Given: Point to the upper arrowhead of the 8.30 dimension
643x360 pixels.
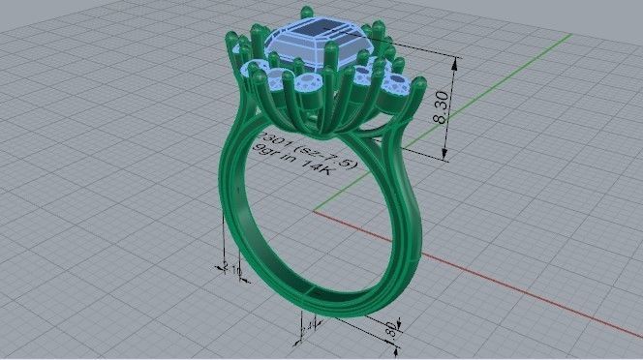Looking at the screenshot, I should click(x=453, y=55).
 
